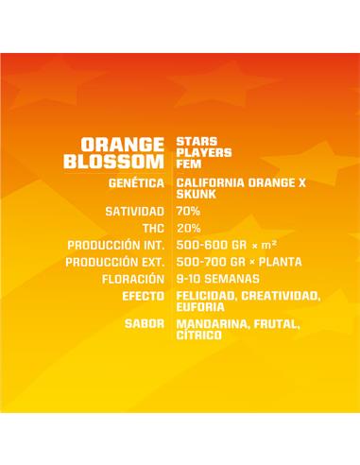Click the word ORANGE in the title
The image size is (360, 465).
tap(122, 144)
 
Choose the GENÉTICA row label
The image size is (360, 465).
tap(137, 182)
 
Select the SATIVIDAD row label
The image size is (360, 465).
tap(135, 211)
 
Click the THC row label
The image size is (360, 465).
tap(152, 228)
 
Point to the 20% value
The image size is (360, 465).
tap(188, 228)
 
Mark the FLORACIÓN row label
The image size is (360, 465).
tap(133, 279)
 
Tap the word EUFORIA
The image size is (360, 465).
tap(200, 306)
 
